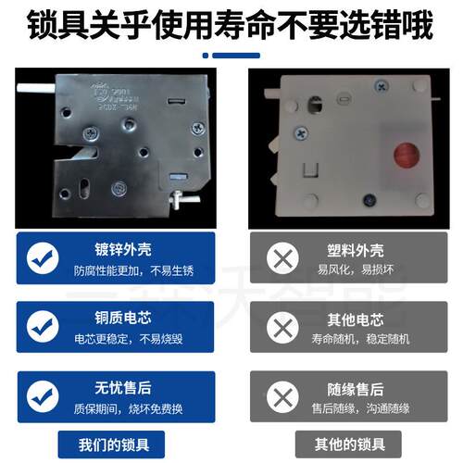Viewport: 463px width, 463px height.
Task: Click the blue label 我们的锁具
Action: coord(116,443)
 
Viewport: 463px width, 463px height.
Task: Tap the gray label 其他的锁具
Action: coord(347,443)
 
